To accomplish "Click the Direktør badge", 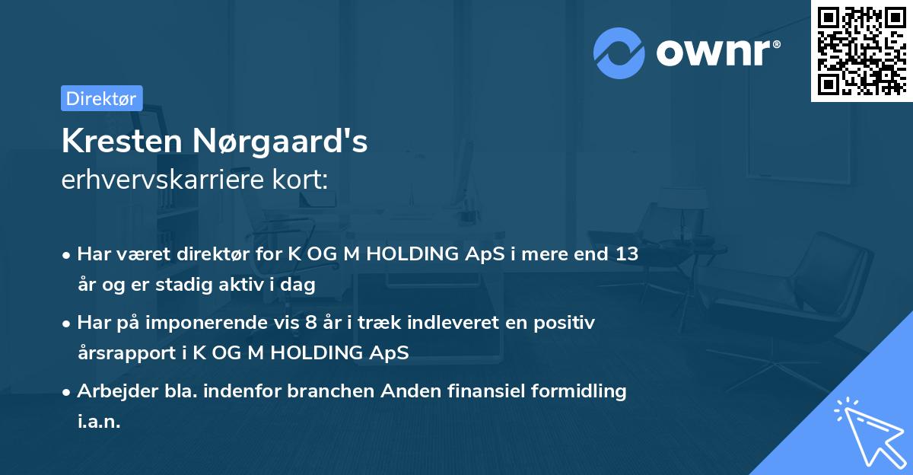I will (101, 98).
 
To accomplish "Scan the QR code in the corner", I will (860, 50).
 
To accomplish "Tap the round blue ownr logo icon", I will (619, 53).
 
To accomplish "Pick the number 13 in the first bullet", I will (627, 254).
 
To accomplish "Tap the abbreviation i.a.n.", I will (99, 421).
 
